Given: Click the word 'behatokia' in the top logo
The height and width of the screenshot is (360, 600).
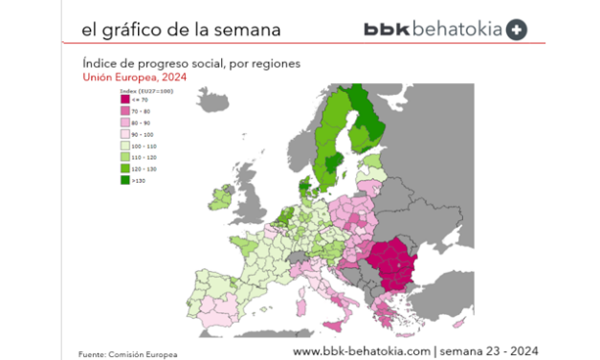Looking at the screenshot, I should [x=456, y=30].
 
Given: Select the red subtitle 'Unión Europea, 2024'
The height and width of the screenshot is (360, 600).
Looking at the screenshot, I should [x=135, y=78].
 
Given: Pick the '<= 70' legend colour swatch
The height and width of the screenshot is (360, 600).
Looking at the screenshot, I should [x=123, y=98].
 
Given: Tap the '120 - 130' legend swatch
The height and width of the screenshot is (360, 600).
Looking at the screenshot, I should [x=123, y=168].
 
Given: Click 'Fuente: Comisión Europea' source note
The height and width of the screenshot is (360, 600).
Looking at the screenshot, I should [x=128, y=353].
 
